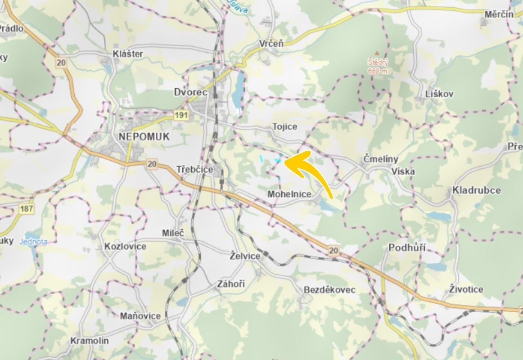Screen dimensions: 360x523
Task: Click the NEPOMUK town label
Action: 144,137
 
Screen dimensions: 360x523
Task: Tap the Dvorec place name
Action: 190,92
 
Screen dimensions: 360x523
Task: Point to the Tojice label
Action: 284,127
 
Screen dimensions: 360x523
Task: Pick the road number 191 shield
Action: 181,116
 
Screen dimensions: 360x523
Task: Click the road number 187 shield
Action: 26,208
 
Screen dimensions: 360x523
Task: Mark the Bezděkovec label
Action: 329,290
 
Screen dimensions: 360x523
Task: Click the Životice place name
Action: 466,289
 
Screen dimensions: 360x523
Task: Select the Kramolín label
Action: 89,341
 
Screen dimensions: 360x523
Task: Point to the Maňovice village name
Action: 140,316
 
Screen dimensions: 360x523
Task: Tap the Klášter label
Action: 128,54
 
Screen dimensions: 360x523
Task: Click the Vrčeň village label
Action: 271,44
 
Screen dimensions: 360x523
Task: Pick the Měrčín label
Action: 499,14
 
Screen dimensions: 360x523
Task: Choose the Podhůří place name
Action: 407,248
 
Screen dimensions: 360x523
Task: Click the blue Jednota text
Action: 33,242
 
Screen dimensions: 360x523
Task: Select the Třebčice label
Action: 194,170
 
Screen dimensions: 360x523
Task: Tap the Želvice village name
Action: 245,256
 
